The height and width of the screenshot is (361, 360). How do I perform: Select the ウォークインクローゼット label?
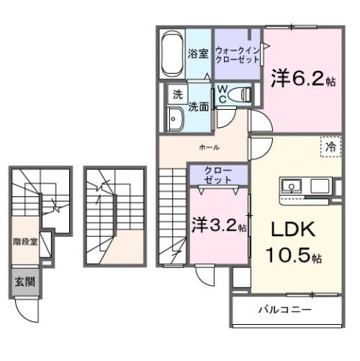pyautogui.click(x=236, y=53)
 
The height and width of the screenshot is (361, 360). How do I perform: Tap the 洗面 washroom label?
pyautogui.click(x=198, y=106)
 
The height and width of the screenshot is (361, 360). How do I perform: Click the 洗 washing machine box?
pyautogui.click(x=177, y=95)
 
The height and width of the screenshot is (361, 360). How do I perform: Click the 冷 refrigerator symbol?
pyautogui.click(x=330, y=147)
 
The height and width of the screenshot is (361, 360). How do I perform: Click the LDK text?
pyautogui.click(x=292, y=229)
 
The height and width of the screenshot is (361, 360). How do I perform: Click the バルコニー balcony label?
pyautogui.click(x=286, y=310)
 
